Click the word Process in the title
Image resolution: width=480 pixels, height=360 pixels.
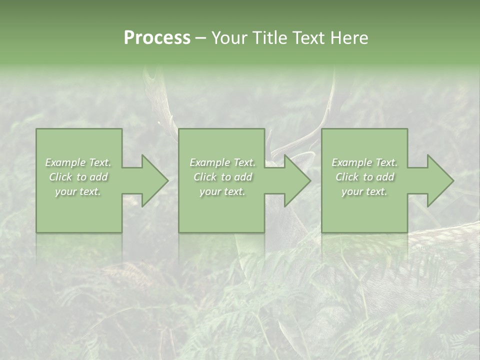157,38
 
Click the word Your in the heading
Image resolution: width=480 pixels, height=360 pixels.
230,38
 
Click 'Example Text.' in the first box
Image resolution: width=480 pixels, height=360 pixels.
78,162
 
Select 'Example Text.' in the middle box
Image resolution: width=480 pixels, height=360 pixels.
222,162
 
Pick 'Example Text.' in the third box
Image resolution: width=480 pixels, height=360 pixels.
364,162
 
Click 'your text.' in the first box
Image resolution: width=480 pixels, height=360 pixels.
78,191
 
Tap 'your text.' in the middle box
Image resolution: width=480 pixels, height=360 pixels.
222,191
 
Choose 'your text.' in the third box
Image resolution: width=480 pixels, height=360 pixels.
364,191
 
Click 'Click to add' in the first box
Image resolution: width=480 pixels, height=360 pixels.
78,177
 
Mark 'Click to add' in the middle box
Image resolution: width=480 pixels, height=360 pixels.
222,177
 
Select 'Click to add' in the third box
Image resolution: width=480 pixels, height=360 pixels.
364,177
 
